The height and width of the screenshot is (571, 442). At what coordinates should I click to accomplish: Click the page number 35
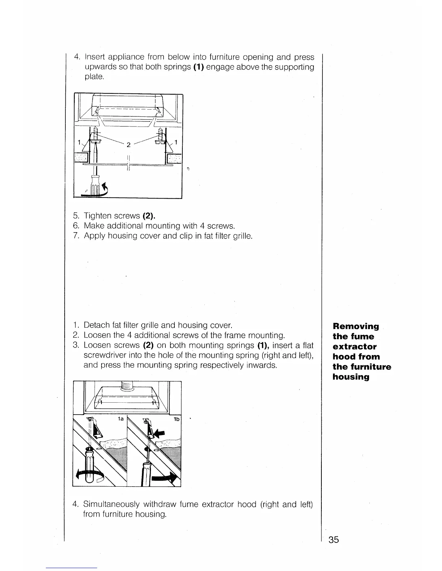coord(334,540)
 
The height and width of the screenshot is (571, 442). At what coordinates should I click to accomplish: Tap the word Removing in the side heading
coord(356,327)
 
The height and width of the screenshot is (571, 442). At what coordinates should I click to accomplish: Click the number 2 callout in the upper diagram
coord(128,145)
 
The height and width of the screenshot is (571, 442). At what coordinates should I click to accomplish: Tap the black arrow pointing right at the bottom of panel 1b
coord(165,478)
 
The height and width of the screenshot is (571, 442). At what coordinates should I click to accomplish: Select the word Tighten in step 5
coord(97,216)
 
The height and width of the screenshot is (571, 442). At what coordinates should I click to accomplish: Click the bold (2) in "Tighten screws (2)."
coord(149,216)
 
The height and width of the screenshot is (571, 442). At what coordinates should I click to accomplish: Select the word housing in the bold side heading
coord(351,377)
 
